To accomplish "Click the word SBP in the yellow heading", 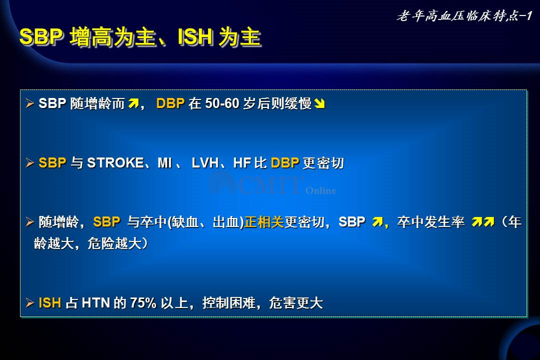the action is [41, 37].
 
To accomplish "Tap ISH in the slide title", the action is [195, 37].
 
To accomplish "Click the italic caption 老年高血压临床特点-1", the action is [464, 16].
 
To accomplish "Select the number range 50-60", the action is [222, 103].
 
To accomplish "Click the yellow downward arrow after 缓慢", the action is [319, 103].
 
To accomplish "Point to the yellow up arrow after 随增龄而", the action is [133, 103].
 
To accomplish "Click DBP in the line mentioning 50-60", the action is [170, 103].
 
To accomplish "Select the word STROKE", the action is [115, 162].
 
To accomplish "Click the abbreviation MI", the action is [164, 162].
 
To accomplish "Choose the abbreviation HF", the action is [242, 162].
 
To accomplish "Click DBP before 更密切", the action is [285, 162].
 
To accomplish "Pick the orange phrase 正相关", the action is [264, 222].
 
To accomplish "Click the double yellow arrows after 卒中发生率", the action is [483, 222].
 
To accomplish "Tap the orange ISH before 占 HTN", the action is [50, 303].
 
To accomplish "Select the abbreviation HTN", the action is [96, 303].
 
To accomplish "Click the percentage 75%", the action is [143, 303].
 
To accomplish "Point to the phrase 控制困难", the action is [228, 303].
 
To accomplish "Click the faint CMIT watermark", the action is [272, 184].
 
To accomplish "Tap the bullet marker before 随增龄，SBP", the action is [30, 222].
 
